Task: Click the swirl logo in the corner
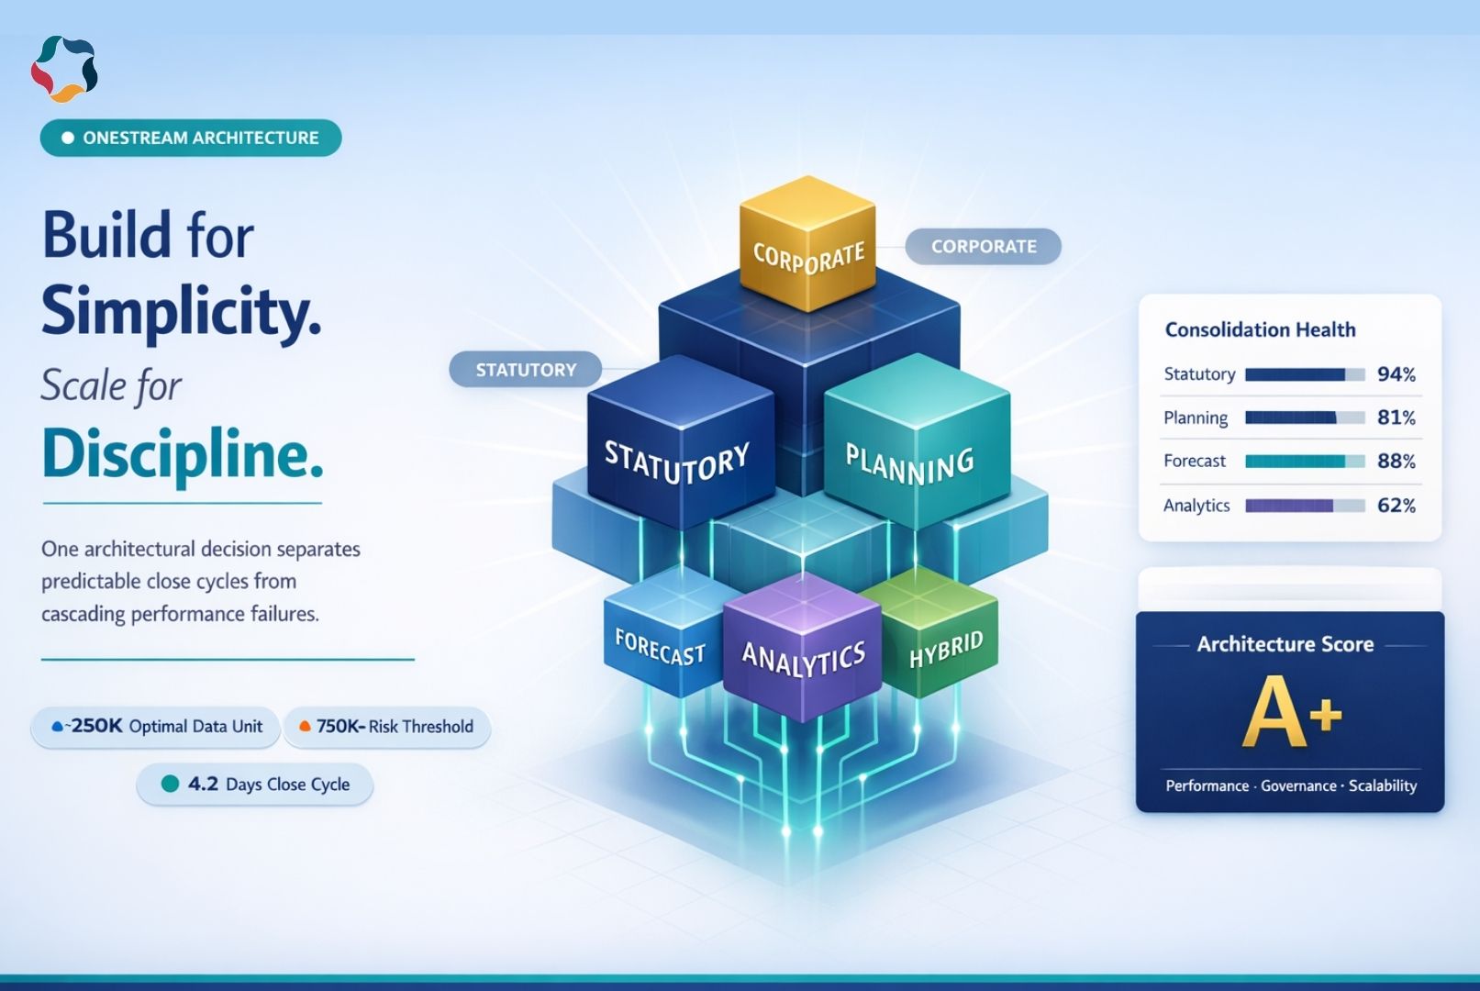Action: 64,69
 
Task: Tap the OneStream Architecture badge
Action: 191,139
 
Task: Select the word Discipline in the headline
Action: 183,454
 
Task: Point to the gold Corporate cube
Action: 807,244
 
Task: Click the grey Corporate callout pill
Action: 983,247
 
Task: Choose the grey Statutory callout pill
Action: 526,370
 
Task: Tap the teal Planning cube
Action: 913,454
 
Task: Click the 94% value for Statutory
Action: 1396,374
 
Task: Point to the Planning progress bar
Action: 1304,418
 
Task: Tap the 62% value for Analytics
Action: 1396,506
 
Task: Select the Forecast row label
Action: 1195,461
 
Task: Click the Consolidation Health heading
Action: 1260,329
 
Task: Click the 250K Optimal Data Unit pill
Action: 157,727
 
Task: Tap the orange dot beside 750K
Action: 305,727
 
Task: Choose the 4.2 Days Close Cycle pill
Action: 255,785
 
